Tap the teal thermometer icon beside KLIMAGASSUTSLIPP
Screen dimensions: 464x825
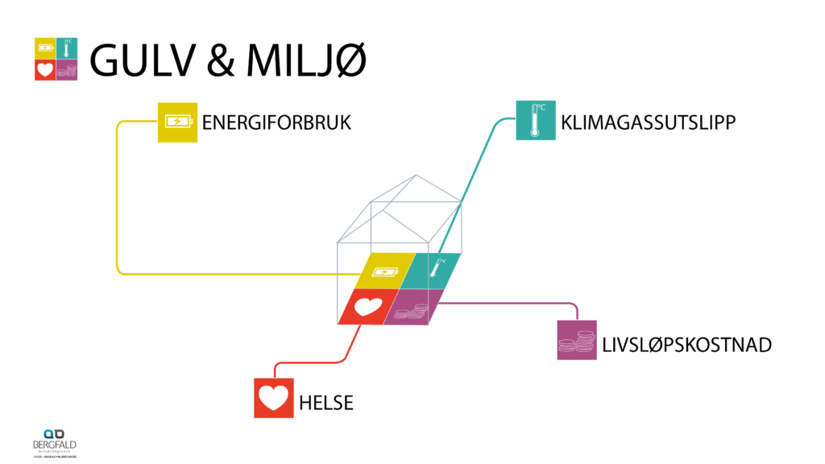(x=536, y=120)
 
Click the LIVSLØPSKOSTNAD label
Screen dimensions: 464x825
(x=686, y=346)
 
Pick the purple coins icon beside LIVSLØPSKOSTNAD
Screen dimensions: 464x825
(x=577, y=340)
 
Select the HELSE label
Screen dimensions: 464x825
(x=326, y=403)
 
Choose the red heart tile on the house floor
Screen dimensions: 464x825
(x=367, y=306)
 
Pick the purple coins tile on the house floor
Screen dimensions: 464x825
(x=414, y=307)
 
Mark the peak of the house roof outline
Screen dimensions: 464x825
(x=415, y=175)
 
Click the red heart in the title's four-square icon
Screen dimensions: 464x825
(x=45, y=70)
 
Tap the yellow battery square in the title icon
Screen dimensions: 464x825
(x=45, y=48)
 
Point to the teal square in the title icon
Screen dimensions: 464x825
(x=68, y=48)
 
